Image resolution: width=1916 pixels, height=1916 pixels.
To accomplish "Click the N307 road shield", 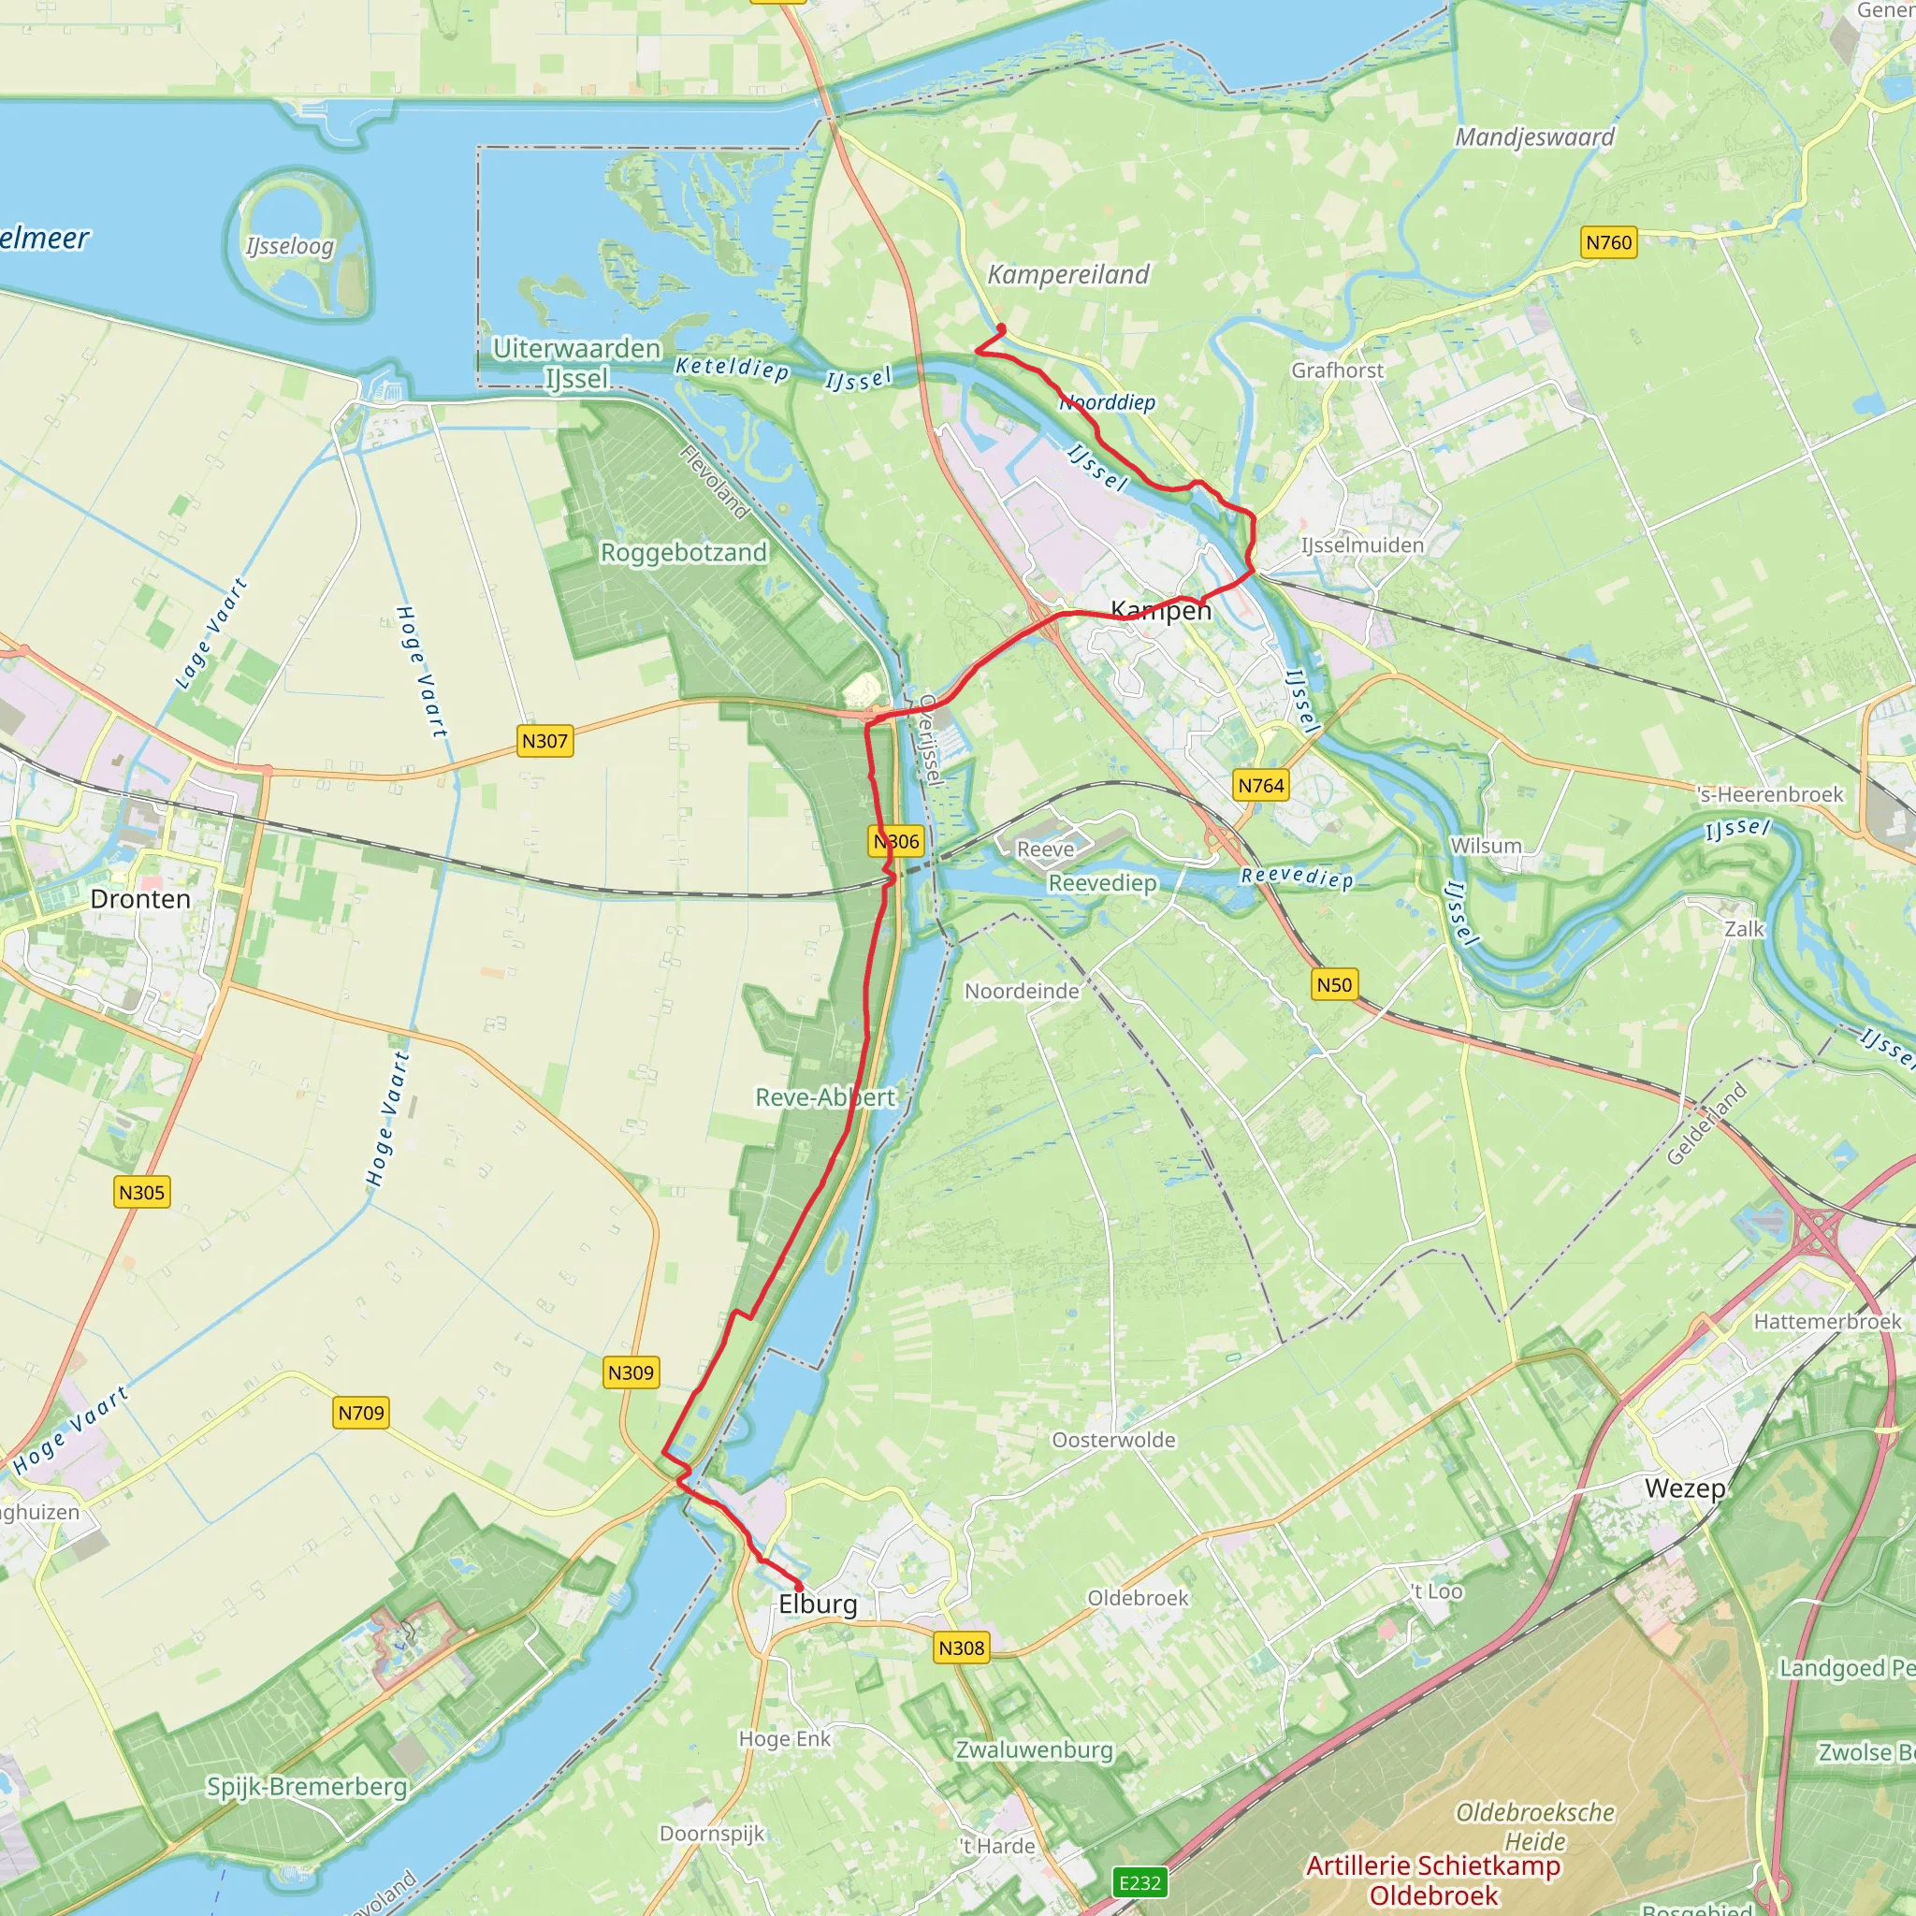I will click(x=544, y=741).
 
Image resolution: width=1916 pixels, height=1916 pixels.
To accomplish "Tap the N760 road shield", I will click(x=1608, y=242).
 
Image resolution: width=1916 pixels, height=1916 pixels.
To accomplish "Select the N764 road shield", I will click(x=1261, y=786).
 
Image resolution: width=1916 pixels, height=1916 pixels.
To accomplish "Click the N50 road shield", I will click(x=1334, y=985).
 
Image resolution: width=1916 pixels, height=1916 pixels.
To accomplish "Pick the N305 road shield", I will click(x=142, y=1192).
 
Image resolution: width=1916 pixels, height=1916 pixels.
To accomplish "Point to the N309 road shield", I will click(x=631, y=1372).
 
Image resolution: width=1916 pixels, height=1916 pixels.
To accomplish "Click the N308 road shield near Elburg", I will click(x=961, y=1648).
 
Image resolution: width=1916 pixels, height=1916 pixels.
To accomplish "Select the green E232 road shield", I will click(x=1139, y=1882).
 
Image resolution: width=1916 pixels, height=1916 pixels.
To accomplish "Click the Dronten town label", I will click(x=139, y=898).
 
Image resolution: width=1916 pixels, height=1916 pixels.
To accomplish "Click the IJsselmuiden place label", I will click(x=1361, y=544).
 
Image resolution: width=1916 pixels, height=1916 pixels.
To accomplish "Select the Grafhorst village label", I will click(x=1337, y=370).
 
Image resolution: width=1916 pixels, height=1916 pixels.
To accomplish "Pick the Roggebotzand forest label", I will click(x=683, y=552).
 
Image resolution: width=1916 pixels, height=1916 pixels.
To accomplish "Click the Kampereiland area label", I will click(x=1068, y=275).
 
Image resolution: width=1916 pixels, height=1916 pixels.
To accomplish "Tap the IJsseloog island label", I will click(x=291, y=246).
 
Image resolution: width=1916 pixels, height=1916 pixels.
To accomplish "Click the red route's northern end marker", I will click(x=1002, y=329).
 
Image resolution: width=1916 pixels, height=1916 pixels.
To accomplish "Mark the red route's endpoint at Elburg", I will click(x=799, y=1588).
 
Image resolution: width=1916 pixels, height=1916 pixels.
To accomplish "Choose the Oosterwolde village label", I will click(x=1112, y=1439).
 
